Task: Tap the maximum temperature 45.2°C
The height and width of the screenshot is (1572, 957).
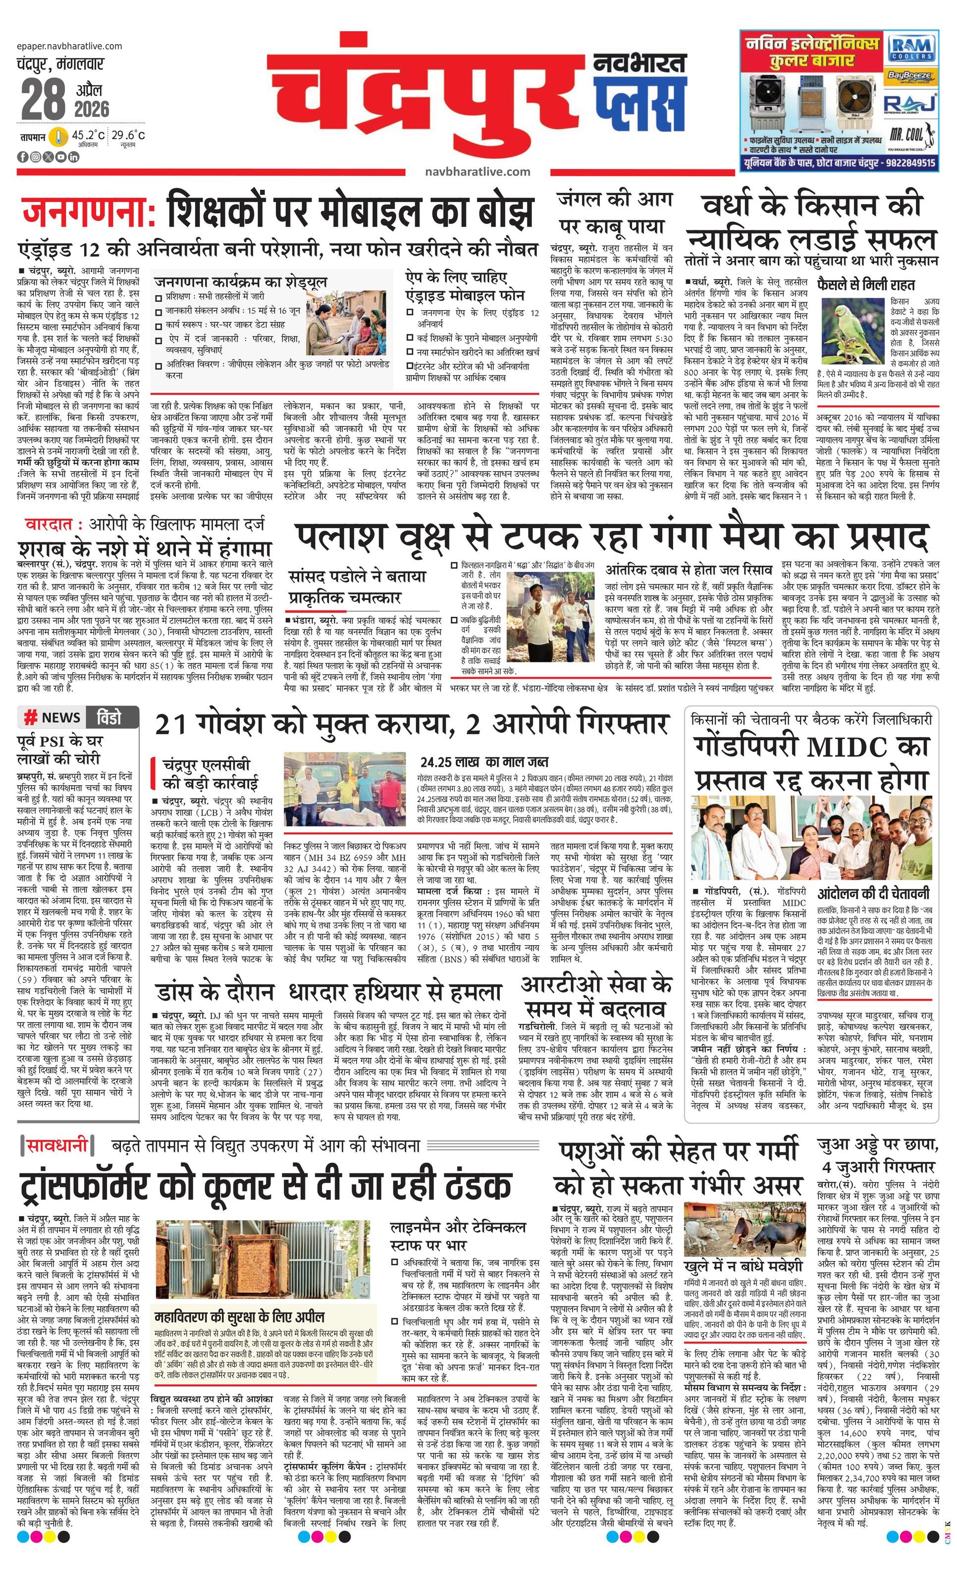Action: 88,135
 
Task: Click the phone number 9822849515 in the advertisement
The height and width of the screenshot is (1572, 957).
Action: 910,163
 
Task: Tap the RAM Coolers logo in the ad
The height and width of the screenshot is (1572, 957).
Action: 913,49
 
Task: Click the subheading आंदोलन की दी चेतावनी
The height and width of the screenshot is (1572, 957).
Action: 873,893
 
